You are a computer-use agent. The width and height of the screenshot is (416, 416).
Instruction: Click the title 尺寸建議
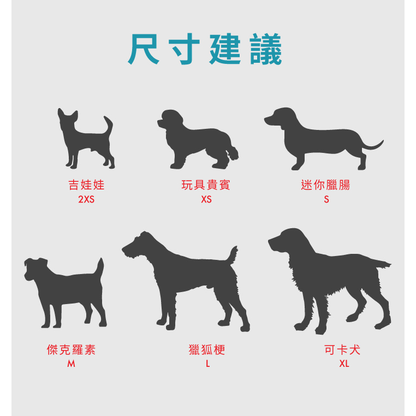(x=205, y=50)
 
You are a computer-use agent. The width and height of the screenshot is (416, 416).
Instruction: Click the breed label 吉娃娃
(x=86, y=185)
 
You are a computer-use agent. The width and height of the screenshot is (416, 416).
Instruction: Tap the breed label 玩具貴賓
(x=206, y=185)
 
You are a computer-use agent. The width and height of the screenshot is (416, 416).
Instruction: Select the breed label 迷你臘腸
(x=325, y=185)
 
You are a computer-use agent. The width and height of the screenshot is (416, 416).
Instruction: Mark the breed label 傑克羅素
(x=71, y=350)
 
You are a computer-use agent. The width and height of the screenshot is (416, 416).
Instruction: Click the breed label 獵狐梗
(x=207, y=350)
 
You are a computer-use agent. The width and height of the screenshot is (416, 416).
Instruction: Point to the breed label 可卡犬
(x=343, y=350)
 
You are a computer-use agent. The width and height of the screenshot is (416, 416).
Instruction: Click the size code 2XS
(x=86, y=200)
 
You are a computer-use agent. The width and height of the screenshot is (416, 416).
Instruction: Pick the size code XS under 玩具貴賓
(x=206, y=200)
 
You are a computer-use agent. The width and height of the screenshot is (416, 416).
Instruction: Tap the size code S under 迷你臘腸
(x=326, y=200)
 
